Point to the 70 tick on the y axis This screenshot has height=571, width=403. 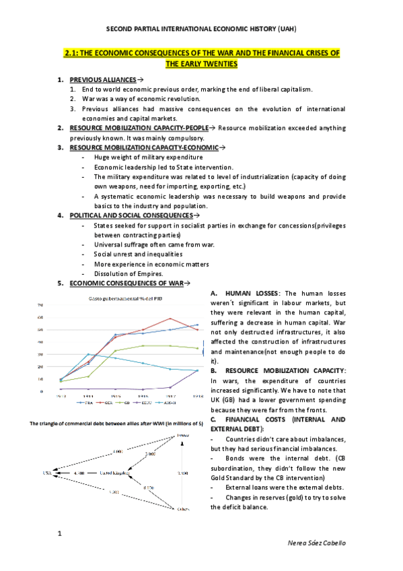(x=40, y=305)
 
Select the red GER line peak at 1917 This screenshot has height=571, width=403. (x=170, y=318)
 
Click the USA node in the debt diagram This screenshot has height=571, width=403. (x=46, y=473)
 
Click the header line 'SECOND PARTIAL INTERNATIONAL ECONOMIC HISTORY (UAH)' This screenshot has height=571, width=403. (x=201, y=30)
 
